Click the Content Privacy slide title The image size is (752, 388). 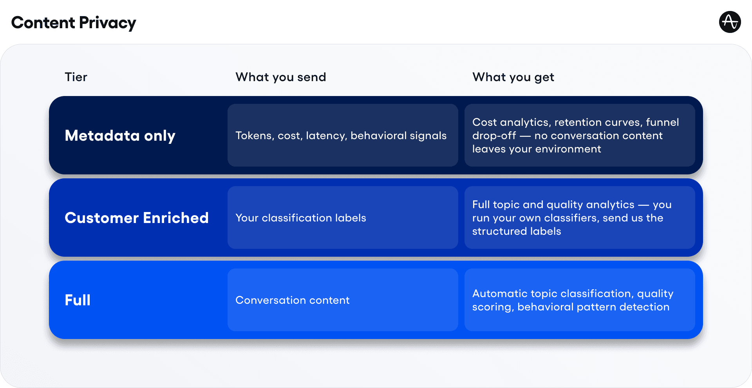[74, 23]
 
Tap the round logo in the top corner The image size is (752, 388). [730, 22]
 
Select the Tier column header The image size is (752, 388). [76, 77]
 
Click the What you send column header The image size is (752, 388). [280, 77]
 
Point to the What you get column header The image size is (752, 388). [513, 77]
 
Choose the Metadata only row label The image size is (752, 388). [120, 136]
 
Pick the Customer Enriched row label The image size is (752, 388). [136, 218]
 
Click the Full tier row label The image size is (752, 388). [78, 300]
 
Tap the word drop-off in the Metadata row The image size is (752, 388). [494, 136]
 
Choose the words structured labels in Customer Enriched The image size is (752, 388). [516, 231]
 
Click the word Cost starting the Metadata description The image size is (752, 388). [484, 122]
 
